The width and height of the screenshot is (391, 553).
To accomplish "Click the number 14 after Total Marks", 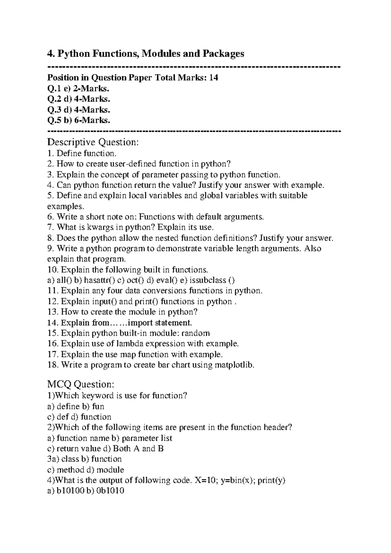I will coord(213,78).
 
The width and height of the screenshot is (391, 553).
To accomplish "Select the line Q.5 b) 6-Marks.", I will coord(79,120).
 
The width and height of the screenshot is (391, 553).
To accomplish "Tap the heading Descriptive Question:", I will coord(93,142).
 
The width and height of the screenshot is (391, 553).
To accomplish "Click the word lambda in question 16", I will coord(130,344).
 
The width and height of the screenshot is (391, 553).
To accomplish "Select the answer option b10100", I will coord(71,491).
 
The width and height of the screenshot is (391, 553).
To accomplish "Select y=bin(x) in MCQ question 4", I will coord(238,480).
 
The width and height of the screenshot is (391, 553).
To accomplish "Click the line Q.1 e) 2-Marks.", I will coord(78,88).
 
